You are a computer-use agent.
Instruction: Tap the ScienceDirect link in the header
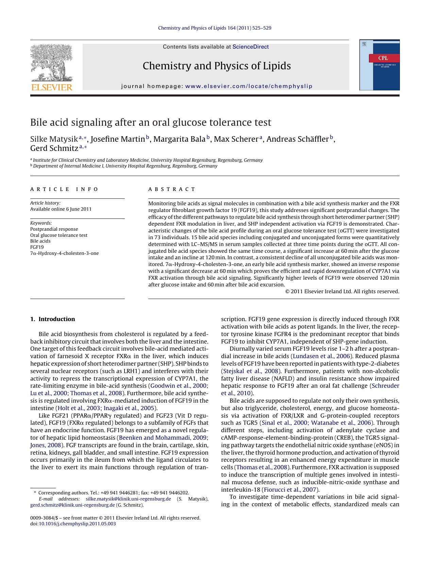[x=250, y=47]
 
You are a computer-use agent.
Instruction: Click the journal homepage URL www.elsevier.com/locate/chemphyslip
[x=249, y=86]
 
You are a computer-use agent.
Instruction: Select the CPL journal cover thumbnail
[x=379, y=65]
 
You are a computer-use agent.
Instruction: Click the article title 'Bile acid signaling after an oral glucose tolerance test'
[x=151, y=122]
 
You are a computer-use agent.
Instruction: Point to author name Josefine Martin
[x=118, y=139]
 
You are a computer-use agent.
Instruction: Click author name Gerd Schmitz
[x=54, y=148]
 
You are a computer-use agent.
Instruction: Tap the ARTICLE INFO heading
[x=64, y=189]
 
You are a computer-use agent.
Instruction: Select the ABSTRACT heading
[x=172, y=189]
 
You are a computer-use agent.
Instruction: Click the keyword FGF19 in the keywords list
[x=37, y=247]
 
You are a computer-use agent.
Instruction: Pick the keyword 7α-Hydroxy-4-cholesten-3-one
[x=64, y=253]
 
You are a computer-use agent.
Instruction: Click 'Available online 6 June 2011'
[x=61, y=209]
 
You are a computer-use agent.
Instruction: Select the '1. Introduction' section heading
[x=53, y=319]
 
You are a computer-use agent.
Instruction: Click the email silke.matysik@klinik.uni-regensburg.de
[x=128, y=499]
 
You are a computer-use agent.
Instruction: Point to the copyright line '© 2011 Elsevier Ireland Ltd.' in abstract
[x=342, y=291]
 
